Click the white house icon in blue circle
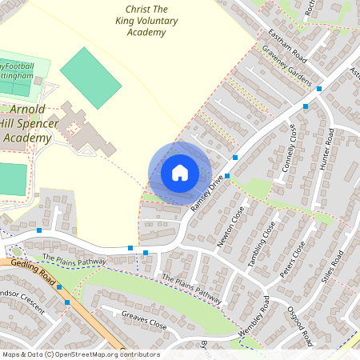pyautogui.click(x=180, y=173)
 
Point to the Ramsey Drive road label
pyautogui.click(x=206, y=195)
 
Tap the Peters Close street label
pyautogui.click(x=292, y=259)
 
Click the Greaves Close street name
pyautogui.click(x=144, y=322)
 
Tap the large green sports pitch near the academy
pyautogui.click(x=90, y=78)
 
